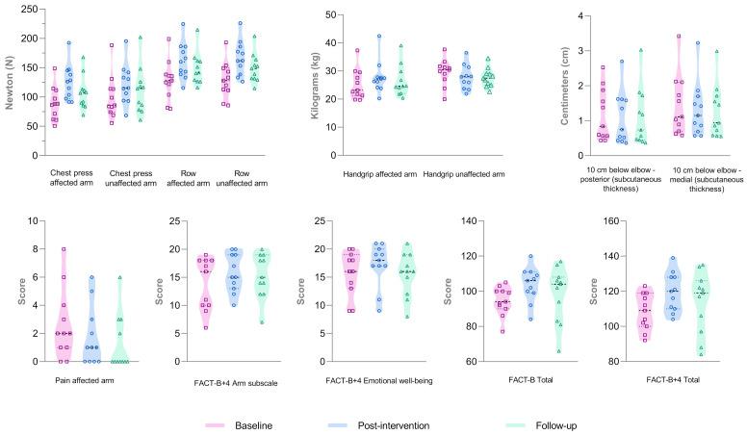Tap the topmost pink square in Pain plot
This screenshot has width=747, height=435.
[x=64, y=248]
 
